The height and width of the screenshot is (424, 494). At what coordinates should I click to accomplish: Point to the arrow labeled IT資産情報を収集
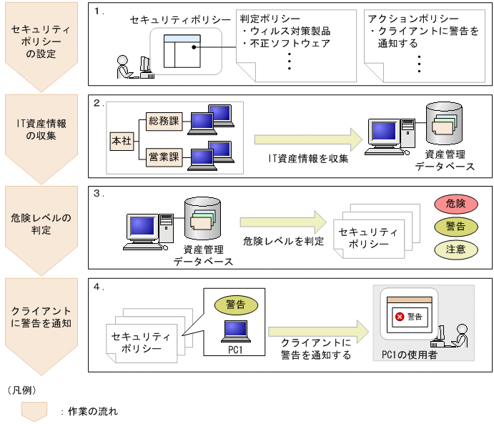coord(308,139)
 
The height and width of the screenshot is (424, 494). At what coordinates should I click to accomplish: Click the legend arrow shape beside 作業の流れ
coord(34,410)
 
